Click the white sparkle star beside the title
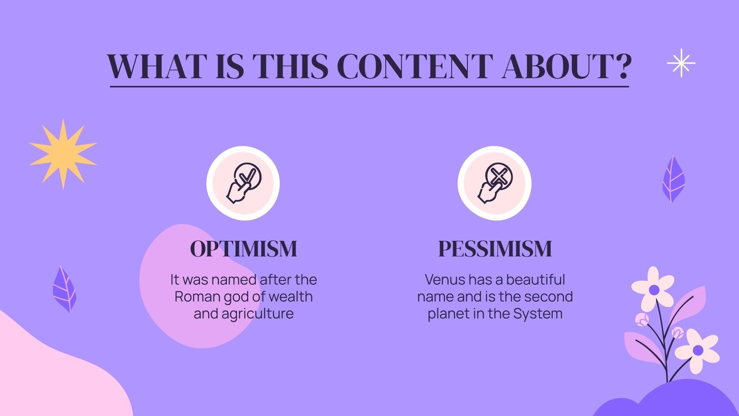(681, 63)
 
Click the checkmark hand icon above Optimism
(243, 183)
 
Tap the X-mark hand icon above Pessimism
(494, 183)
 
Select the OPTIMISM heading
(243, 249)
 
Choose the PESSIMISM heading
(495, 249)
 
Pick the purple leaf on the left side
(64, 289)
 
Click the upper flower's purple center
(654, 290)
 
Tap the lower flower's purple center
(698, 350)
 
